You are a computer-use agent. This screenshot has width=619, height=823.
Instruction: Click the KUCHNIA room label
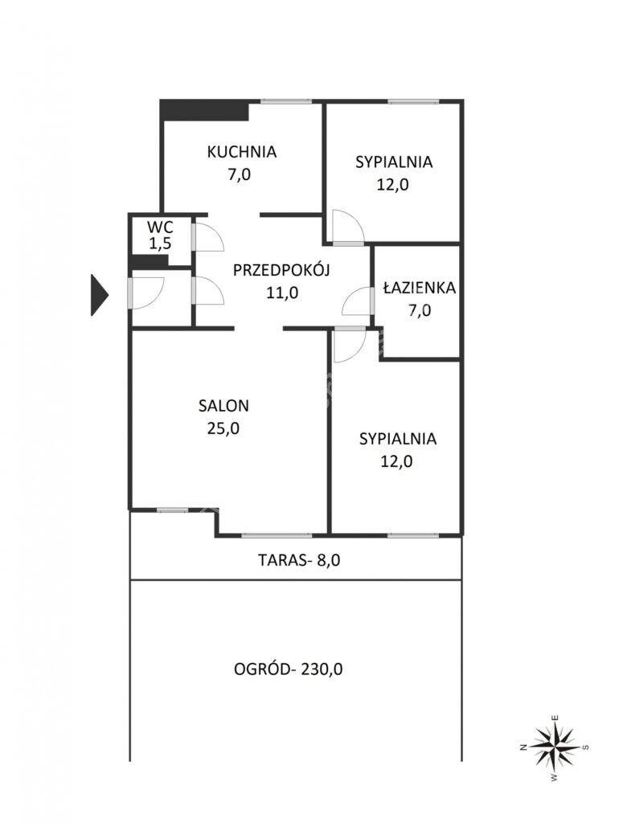(x=241, y=152)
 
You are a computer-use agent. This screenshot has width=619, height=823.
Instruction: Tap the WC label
(x=160, y=227)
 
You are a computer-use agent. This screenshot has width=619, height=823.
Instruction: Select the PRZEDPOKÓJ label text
(x=281, y=270)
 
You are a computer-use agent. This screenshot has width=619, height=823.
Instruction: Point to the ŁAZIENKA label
(x=420, y=288)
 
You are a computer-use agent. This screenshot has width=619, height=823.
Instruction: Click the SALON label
(x=223, y=406)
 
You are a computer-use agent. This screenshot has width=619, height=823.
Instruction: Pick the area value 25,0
(x=223, y=428)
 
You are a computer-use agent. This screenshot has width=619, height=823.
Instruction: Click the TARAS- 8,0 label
(x=299, y=560)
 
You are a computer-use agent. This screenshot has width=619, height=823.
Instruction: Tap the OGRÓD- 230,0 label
(x=289, y=669)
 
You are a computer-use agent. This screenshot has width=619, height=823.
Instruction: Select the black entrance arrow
(x=99, y=296)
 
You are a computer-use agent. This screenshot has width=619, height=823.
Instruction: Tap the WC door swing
(x=209, y=237)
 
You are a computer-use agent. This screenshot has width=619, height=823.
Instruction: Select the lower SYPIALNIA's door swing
(x=349, y=344)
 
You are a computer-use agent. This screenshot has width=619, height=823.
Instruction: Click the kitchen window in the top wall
(x=286, y=101)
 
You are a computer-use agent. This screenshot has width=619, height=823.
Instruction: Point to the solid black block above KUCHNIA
(x=204, y=109)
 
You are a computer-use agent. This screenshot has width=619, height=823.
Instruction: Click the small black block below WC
(x=149, y=261)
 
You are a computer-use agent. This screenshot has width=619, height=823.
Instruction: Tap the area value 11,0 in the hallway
(x=282, y=293)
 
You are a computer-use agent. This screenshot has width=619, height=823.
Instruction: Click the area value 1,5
(x=160, y=244)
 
